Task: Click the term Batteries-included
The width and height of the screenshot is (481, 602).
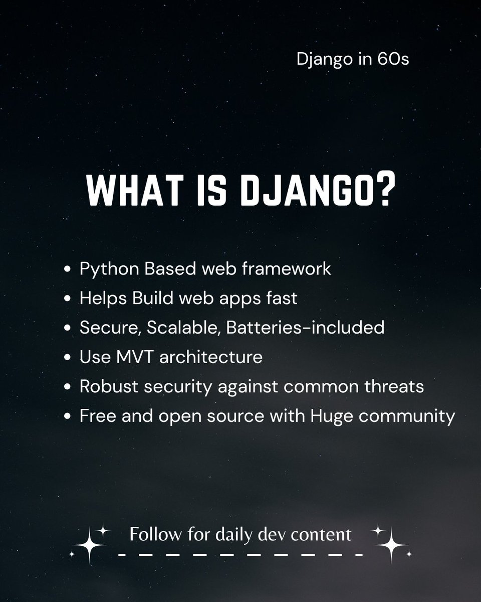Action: coord(305,328)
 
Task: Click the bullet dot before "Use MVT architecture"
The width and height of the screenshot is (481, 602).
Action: coord(69,358)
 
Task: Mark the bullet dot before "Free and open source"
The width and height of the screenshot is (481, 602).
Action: coord(69,417)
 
